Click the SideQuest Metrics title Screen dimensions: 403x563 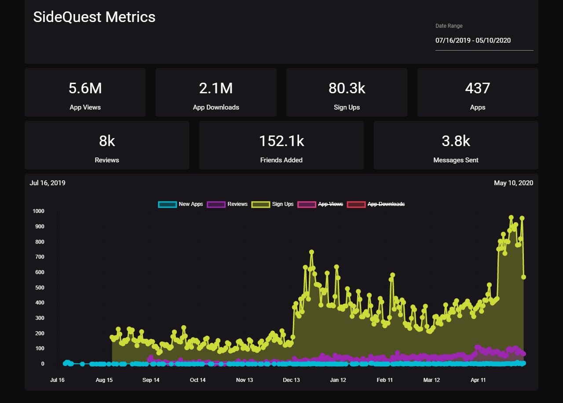pyautogui.click(x=94, y=17)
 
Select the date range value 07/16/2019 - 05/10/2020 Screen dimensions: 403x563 pyautogui.click(x=473, y=40)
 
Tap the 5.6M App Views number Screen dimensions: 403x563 pyautogui.click(x=85, y=88)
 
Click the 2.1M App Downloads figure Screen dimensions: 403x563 pyautogui.click(x=216, y=88)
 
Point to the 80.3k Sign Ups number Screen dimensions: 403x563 pyautogui.click(x=347, y=88)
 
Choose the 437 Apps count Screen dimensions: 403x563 pyautogui.click(x=477, y=88)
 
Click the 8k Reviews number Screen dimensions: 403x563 pyautogui.click(x=107, y=141)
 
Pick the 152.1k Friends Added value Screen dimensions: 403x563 pyautogui.click(x=281, y=141)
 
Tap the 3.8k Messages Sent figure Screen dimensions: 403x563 pyautogui.click(x=456, y=141)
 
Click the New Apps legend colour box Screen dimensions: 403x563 pyautogui.click(x=167, y=204)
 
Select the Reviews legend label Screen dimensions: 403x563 pyautogui.click(x=238, y=204)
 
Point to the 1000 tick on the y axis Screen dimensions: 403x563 pyautogui.click(x=39, y=211)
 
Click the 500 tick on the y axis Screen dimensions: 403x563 pyautogui.click(x=40, y=288)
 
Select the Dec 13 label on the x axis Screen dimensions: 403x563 pyautogui.click(x=291, y=380)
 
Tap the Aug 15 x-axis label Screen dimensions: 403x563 pyautogui.click(x=104, y=380)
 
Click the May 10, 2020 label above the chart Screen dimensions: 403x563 pyautogui.click(x=513, y=183)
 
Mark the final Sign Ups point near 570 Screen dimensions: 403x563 pyautogui.click(x=523, y=277)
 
